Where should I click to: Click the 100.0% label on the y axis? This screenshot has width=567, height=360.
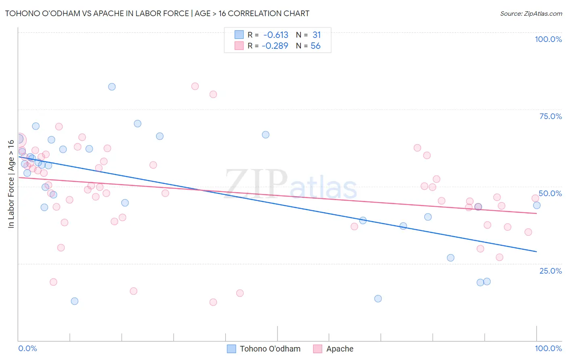[x=548, y=39]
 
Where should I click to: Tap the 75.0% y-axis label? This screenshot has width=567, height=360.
[x=550, y=116]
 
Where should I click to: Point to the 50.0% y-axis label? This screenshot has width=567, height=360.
[x=550, y=194]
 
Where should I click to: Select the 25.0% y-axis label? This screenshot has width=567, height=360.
[x=550, y=271]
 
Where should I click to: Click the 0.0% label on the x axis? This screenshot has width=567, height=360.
[x=27, y=348]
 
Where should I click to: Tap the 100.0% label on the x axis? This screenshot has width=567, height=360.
[x=548, y=348]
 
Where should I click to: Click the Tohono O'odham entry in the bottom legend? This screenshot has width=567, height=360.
[x=263, y=349]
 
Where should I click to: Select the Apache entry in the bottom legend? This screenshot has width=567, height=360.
[x=333, y=349]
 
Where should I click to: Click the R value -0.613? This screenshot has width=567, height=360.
[x=276, y=35]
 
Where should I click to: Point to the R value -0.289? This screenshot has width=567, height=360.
[x=275, y=46]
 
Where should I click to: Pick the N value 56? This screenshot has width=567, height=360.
[x=316, y=46]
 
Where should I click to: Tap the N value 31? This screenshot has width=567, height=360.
[x=317, y=35]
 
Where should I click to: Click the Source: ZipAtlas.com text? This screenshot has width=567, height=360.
[x=531, y=13]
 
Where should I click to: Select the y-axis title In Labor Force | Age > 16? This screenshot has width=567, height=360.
[x=11, y=184]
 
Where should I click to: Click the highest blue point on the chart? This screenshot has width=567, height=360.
[x=112, y=87]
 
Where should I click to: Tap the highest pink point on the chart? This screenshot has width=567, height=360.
[x=195, y=86]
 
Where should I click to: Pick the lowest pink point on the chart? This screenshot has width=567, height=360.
[x=213, y=302]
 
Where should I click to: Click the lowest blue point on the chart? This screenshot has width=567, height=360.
[x=75, y=301]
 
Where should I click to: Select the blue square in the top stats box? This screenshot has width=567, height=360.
[x=239, y=34]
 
